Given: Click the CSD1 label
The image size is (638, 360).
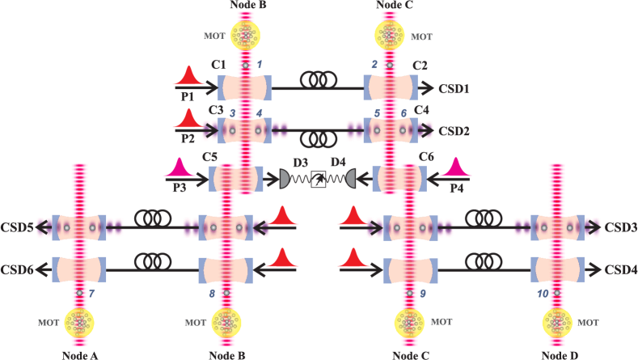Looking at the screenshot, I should (455, 87).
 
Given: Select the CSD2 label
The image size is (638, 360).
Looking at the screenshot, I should (455, 129).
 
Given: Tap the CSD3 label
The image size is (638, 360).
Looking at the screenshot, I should (619, 229).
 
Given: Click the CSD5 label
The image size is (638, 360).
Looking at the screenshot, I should (17, 229).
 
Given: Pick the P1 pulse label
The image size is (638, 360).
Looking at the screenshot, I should (187, 96).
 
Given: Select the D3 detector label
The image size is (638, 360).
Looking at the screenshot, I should (301, 163).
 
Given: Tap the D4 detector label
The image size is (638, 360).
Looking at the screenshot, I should (338, 163).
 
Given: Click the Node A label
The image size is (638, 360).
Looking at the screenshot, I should (79, 354).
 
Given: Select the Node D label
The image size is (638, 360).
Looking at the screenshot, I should (559, 354).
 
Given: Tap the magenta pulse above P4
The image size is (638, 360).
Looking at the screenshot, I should (457, 167).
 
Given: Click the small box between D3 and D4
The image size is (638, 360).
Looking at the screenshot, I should (319, 180).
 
